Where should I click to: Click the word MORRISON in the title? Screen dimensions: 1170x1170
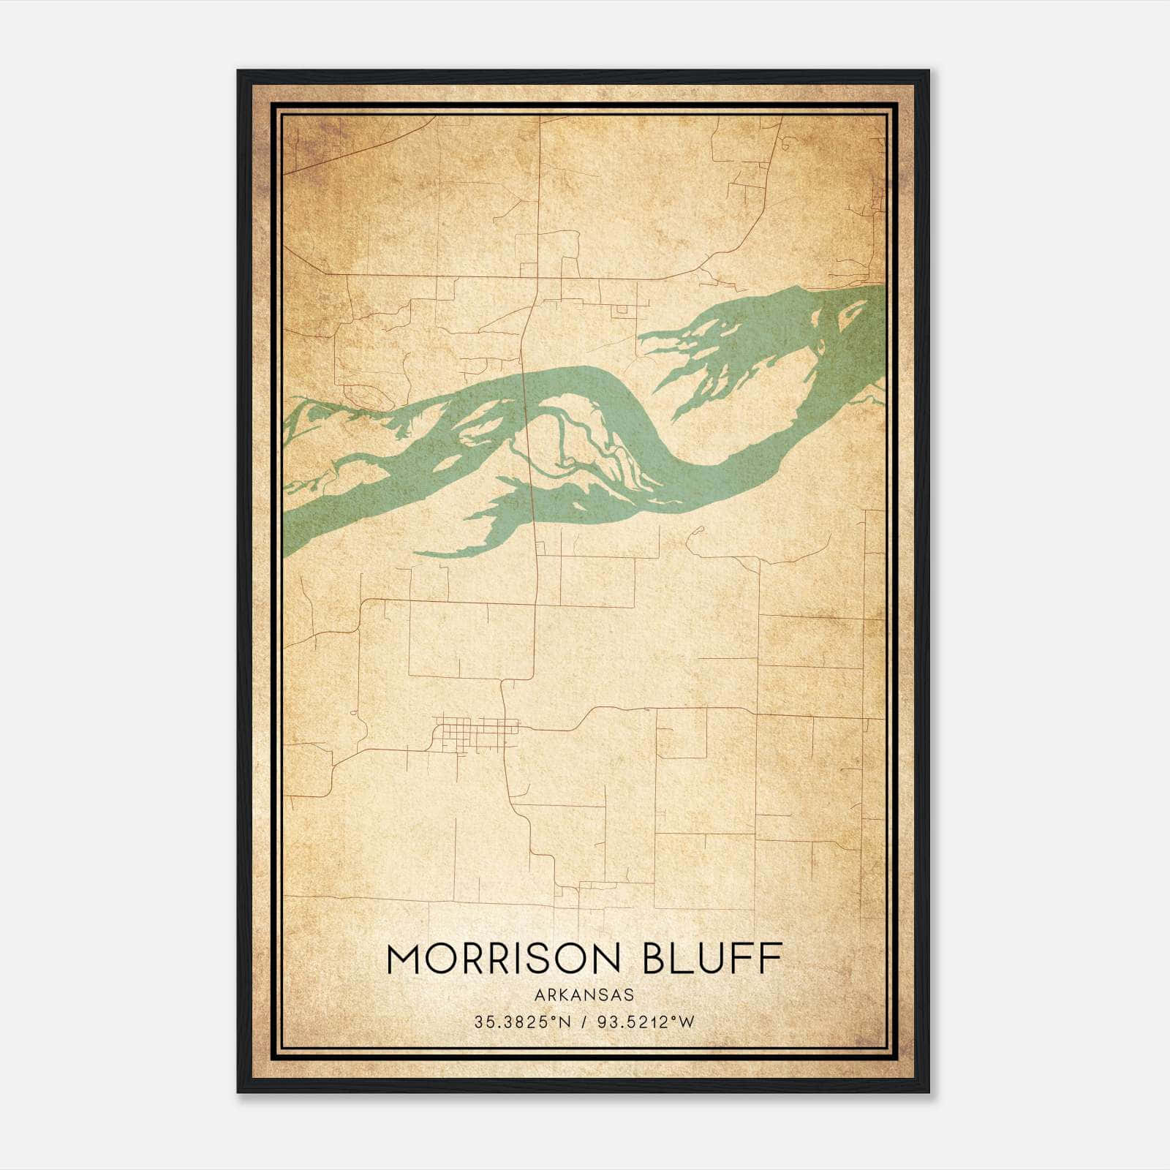[504, 959]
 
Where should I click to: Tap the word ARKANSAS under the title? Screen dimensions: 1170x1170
[584, 994]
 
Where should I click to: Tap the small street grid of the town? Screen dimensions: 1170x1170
[476, 733]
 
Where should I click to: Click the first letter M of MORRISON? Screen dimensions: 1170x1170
[404, 959]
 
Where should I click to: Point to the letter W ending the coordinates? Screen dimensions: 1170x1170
[687, 1022]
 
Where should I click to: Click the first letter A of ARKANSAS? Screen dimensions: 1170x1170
[539, 994]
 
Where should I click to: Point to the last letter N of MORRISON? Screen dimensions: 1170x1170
[606, 959]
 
